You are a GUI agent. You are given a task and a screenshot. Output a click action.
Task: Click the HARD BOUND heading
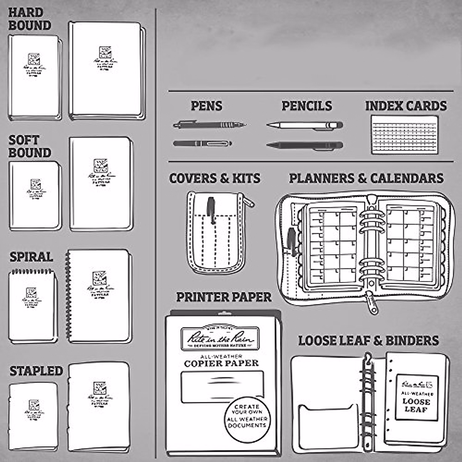click(x=30, y=19)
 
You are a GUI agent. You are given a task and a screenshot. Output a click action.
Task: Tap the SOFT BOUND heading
click(x=30, y=147)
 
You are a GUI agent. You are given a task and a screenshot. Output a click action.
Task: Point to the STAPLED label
click(x=36, y=371)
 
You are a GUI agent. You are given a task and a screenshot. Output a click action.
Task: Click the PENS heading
click(x=207, y=106)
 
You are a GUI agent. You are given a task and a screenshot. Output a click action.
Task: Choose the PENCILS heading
click(x=307, y=106)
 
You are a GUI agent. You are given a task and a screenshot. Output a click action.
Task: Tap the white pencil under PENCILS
click(x=304, y=125)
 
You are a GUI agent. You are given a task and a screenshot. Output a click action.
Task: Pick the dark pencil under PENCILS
click(x=304, y=146)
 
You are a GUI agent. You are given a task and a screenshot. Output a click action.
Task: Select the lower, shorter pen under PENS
click(x=202, y=144)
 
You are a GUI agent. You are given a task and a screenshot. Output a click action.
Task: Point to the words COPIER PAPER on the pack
click(x=221, y=363)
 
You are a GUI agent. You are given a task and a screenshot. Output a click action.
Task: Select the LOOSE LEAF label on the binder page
click(x=417, y=405)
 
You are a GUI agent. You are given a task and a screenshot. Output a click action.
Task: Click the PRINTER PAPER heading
click(x=224, y=297)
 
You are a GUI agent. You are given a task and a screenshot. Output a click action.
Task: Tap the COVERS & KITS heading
click(x=215, y=179)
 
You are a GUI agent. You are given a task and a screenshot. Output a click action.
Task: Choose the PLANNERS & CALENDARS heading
click(x=366, y=179)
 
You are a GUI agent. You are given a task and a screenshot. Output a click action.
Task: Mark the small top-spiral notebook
click(x=32, y=306)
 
